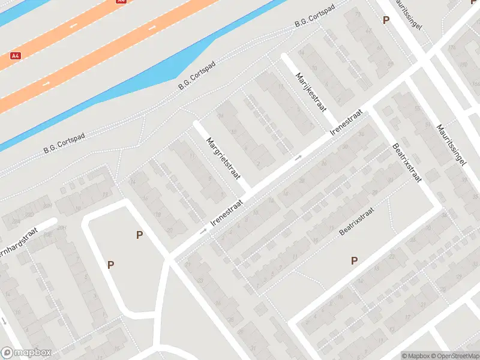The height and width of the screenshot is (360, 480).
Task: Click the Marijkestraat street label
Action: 310,92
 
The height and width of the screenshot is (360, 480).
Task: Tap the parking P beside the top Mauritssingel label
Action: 386,20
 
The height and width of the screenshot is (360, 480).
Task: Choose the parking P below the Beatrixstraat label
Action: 354,260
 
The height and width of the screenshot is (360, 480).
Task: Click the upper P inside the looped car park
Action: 139,235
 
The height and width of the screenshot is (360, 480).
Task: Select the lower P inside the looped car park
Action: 110,264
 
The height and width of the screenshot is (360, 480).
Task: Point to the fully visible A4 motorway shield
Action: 16,56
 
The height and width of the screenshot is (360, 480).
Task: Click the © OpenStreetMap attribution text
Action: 456,356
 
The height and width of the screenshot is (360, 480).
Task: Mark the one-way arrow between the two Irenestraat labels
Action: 298,158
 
